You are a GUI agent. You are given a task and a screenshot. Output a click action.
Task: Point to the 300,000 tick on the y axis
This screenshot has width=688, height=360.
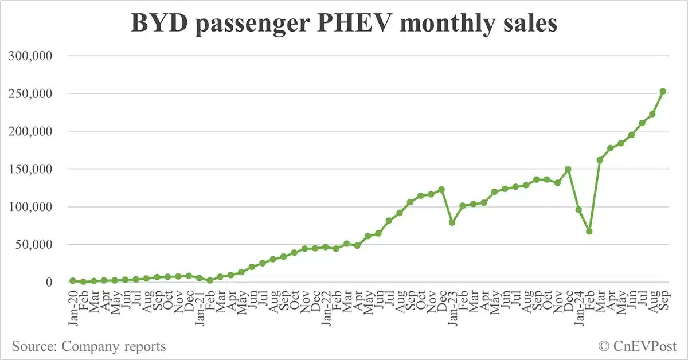tap(36, 56)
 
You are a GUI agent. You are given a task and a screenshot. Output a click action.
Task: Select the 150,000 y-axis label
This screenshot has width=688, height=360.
tap(36, 169)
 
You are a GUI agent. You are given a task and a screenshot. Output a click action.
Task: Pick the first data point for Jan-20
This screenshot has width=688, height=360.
tap(73, 281)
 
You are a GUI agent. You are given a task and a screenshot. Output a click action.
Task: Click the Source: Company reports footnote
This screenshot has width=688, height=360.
tap(89, 346)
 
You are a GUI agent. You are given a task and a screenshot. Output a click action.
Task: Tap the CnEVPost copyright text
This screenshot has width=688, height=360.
tap(638, 346)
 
